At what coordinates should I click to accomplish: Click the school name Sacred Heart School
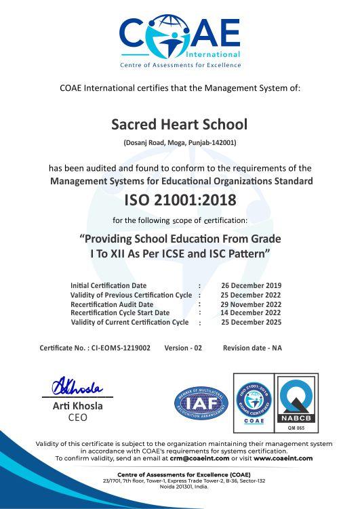(x=180, y=125)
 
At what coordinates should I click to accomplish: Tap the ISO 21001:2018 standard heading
(x=180, y=200)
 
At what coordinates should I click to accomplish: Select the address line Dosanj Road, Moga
(x=180, y=142)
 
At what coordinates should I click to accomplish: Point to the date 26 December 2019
(x=251, y=285)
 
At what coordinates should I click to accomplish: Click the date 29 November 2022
(x=251, y=304)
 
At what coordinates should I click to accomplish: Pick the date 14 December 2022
(x=251, y=313)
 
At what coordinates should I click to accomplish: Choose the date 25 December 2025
(x=251, y=323)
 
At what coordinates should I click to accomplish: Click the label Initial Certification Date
(x=108, y=285)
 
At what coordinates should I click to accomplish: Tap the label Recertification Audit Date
(x=112, y=304)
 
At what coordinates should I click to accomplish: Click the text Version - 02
(x=183, y=348)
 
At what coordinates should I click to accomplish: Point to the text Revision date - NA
(x=252, y=348)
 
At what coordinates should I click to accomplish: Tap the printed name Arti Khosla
(x=78, y=406)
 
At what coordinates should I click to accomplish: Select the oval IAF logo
(x=201, y=401)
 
